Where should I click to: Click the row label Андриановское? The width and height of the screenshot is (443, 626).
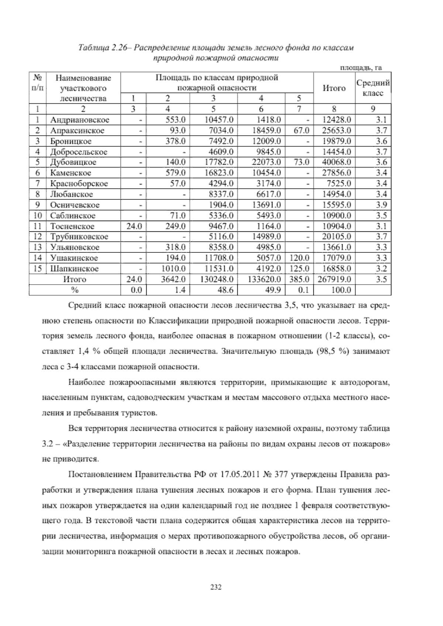[x=80, y=120]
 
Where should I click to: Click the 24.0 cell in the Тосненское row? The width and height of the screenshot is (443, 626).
[x=134, y=226]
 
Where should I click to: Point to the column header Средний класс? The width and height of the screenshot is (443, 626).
[x=373, y=88]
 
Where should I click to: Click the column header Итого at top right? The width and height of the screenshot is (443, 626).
[x=334, y=88]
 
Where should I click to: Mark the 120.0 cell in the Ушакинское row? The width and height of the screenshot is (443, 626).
[x=299, y=258]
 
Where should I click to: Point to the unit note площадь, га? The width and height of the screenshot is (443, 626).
[x=360, y=68]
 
